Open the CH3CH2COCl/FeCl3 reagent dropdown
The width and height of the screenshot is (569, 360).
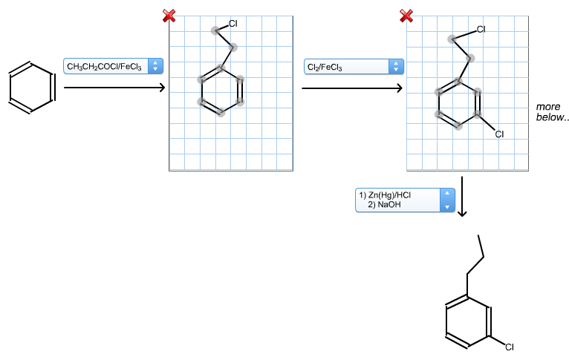pos(113,66)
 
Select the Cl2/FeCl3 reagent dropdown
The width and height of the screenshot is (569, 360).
pos(354,67)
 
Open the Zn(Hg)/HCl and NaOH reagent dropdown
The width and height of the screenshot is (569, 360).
pos(405,200)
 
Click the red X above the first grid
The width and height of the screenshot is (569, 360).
pos(169,16)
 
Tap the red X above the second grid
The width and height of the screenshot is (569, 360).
pos(406,16)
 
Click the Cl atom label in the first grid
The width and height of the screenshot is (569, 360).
pos(233,24)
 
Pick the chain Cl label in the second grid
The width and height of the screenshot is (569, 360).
pos(481,30)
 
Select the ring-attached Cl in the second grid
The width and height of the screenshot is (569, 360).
pos(499,134)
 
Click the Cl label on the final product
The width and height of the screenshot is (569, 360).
pos(510,347)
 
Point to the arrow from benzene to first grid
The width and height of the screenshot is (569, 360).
pos(114,88)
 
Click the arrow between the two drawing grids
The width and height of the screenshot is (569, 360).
pos(352,88)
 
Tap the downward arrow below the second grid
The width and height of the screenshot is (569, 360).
pos(462,197)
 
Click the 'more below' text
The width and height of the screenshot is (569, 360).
pos(552,111)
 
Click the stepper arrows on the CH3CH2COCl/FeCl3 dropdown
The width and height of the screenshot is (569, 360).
pos(155,66)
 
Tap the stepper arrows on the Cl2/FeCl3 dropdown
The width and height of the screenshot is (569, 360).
pos(396,67)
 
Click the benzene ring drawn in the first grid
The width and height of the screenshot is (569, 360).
pos(201,91)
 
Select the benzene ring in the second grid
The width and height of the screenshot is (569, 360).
pos(439,103)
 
